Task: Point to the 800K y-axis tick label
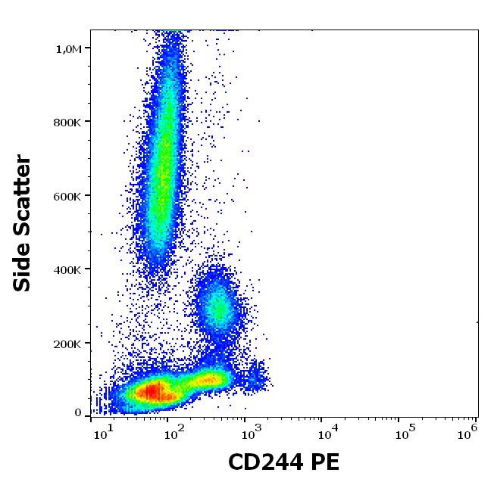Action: pos(68,123)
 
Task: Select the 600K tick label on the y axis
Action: pos(68,197)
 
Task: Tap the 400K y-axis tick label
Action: pos(68,270)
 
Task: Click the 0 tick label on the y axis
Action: pos(78,413)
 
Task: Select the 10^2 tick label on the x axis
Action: pos(177,434)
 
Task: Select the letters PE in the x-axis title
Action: pos(324,462)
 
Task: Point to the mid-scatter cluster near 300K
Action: pos(218,306)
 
